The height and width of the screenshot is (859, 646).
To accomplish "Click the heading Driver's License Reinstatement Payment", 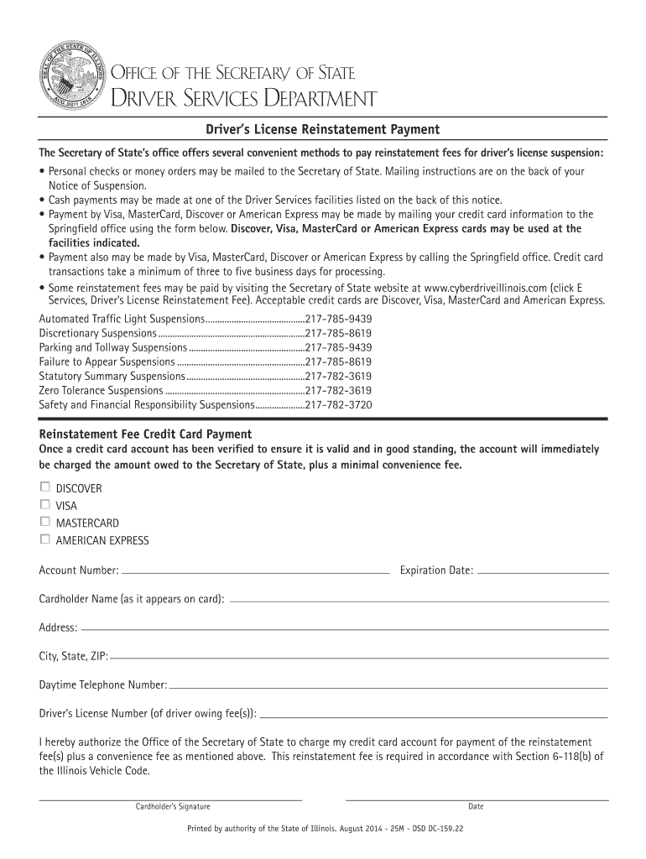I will pos(323,129).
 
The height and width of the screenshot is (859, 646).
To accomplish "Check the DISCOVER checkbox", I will pos(44,487).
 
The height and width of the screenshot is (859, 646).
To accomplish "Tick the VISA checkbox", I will pos(44,505).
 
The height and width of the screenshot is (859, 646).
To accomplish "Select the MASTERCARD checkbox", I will pos(44,523).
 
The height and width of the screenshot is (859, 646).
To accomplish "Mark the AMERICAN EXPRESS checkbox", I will pos(44,540).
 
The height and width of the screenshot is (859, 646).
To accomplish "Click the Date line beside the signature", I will pos(476,798).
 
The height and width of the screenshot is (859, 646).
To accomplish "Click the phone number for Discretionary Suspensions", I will pos(339,333).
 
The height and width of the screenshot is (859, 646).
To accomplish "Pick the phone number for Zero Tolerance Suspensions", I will pos(339,390).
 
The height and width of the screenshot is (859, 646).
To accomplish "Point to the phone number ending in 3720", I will pos(339,404).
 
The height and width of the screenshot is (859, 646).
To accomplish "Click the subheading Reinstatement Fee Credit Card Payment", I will pos(145,434).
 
